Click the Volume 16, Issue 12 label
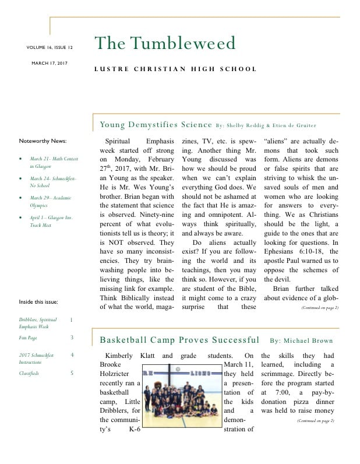(50, 47)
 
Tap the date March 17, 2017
(50, 63)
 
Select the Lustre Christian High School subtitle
(175, 69)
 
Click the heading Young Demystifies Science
(156, 125)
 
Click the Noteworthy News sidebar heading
(43, 141)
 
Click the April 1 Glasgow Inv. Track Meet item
(52, 220)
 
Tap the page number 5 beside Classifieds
(72, 373)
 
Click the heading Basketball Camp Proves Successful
(179, 340)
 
